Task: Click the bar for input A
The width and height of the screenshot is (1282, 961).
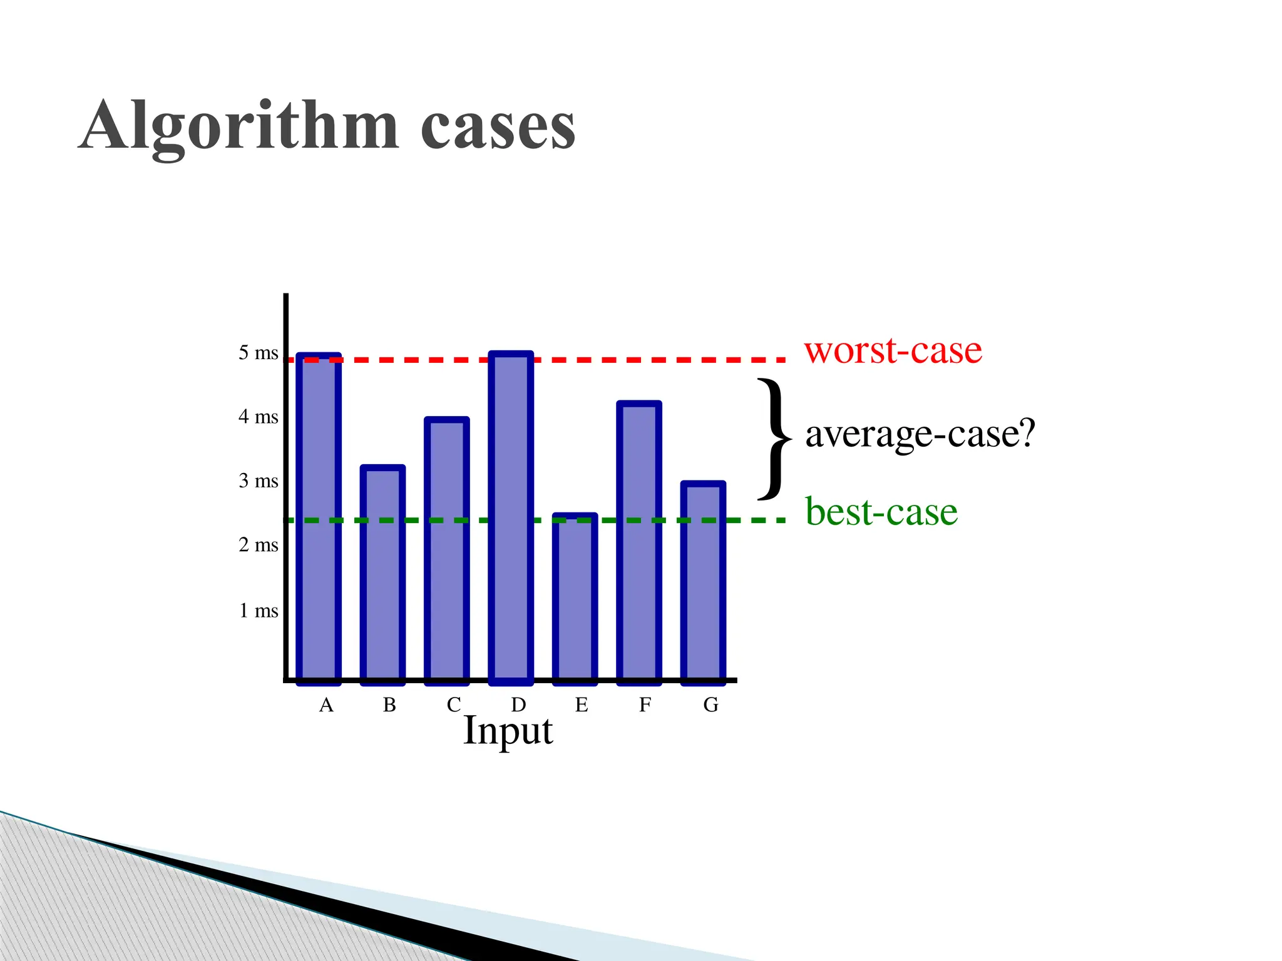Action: point(319,519)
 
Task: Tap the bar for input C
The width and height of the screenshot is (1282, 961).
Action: point(447,551)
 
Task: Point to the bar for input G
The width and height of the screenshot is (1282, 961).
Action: point(703,582)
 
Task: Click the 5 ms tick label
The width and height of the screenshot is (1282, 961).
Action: point(258,353)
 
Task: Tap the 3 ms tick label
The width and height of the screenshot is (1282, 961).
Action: point(258,481)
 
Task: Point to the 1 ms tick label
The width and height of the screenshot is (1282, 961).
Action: point(258,611)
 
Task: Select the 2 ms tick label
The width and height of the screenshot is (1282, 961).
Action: point(258,545)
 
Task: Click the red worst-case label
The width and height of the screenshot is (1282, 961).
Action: point(893,350)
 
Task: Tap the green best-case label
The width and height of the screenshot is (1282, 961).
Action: point(881,512)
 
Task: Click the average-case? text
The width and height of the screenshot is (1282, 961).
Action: point(920,434)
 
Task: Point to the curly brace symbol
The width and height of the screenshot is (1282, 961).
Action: point(774,439)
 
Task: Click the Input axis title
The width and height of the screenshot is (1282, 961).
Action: point(508,730)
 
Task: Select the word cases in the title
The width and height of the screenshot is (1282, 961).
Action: point(498,127)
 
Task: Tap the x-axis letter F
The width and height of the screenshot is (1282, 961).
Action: point(645,705)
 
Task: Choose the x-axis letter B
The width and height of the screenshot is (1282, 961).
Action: point(389,705)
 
